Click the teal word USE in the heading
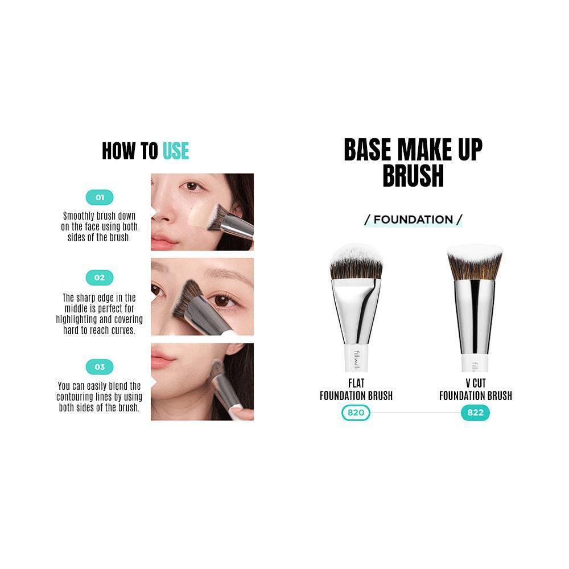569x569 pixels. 176,151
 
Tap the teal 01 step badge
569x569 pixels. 100,197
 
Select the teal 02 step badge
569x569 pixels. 100,278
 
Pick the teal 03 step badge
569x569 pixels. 100,367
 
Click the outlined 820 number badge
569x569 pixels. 356,413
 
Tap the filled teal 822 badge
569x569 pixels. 475,413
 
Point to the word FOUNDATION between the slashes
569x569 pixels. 413,220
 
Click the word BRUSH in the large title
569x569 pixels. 413,176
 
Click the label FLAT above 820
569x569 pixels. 356,383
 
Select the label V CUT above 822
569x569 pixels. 475,383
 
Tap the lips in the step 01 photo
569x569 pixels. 163,241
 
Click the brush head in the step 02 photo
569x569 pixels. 187,298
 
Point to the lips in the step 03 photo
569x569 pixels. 162,357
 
